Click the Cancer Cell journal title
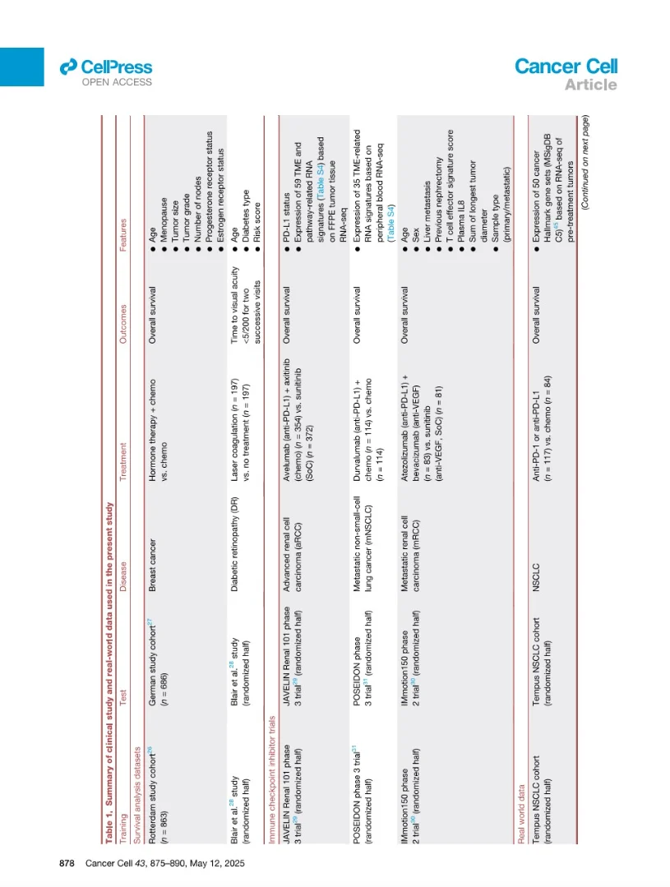(x=566, y=67)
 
